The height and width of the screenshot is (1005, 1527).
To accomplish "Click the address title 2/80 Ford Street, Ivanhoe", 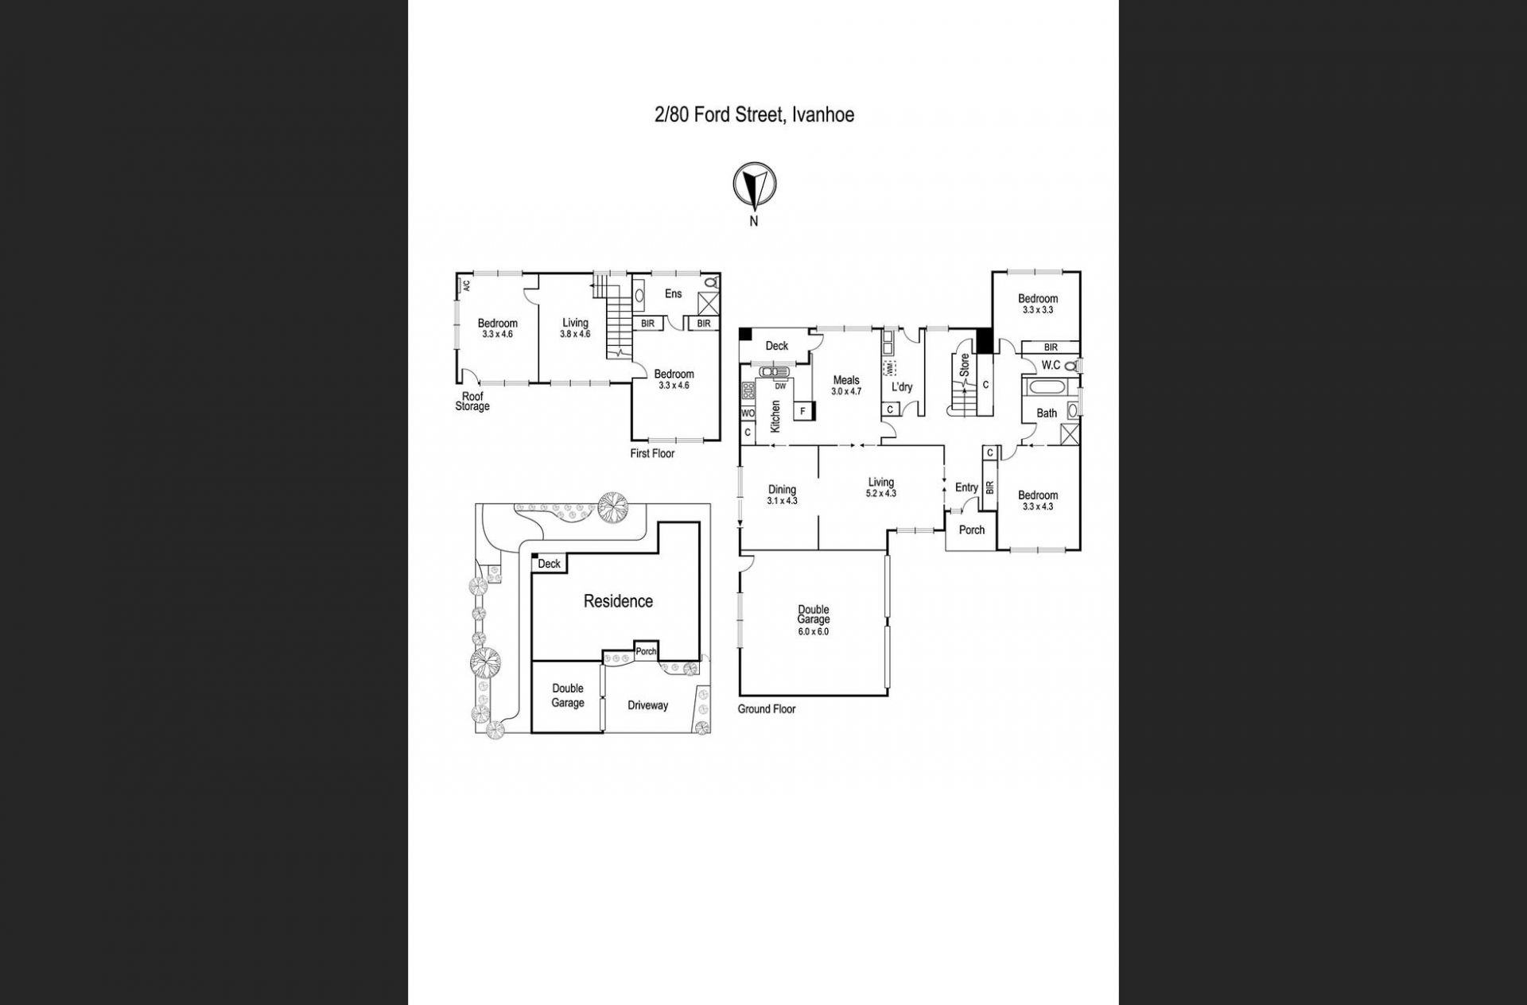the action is pyautogui.click(x=754, y=115).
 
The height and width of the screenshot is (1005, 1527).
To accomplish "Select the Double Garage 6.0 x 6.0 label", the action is pyautogui.click(x=814, y=621).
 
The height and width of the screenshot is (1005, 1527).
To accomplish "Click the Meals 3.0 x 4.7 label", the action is pyautogui.click(x=846, y=386).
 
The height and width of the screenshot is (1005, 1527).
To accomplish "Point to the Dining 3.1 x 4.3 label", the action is pyautogui.click(x=782, y=495).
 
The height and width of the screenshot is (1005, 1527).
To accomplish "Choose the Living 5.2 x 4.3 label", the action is pyautogui.click(x=880, y=487).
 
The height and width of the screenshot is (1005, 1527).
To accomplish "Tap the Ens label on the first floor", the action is pyautogui.click(x=673, y=293).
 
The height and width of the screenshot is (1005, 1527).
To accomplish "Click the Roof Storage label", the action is pyautogui.click(x=472, y=402).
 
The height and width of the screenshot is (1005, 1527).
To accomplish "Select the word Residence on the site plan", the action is pyautogui.click(x=618, y=601).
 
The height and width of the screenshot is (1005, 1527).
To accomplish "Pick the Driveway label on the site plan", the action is pyautogui.click(x=647, y=705).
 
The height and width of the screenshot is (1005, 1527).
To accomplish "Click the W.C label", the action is pyautogui.click(x=1051, y=366).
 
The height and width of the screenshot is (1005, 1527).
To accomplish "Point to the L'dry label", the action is pyautogui.click(x=902, y=387).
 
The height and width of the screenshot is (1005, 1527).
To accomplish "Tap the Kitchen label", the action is pyautogui.click(x=775, y=416).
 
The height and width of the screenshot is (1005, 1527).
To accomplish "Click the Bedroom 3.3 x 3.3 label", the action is pyautogui.click(x=1038, y=305).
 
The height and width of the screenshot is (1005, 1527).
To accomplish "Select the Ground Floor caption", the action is pyautogui.click(x=767, y=709).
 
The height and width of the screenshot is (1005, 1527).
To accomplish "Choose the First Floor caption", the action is pyautogui.click(x=652, y=453).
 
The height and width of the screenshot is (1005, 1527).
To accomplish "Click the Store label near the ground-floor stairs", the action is pyautogui.click(x=965, y=365).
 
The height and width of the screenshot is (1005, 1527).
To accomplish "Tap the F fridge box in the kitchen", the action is pyautogui.click(x=803, y=411).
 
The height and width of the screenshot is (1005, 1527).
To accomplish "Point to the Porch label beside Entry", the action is pyautogui.click(x=972, y=530).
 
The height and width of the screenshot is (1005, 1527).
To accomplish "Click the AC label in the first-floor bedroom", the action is pyautogui.click(x=467, y=285).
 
